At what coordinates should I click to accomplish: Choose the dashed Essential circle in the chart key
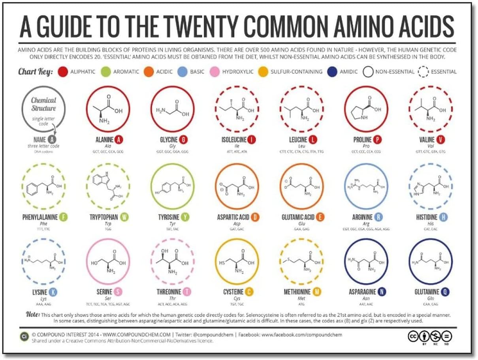[x=423, y=72]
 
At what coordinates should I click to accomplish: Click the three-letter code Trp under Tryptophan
[x=108, y=223]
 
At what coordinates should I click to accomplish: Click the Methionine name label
[x=297, y=292]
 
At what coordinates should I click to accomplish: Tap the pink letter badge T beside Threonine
[x=186, y=292]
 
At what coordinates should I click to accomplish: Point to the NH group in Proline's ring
[x=364, y=118]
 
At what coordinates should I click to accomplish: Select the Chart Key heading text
[x=35, y=72]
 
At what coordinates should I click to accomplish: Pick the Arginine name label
[x=362, y=217]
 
